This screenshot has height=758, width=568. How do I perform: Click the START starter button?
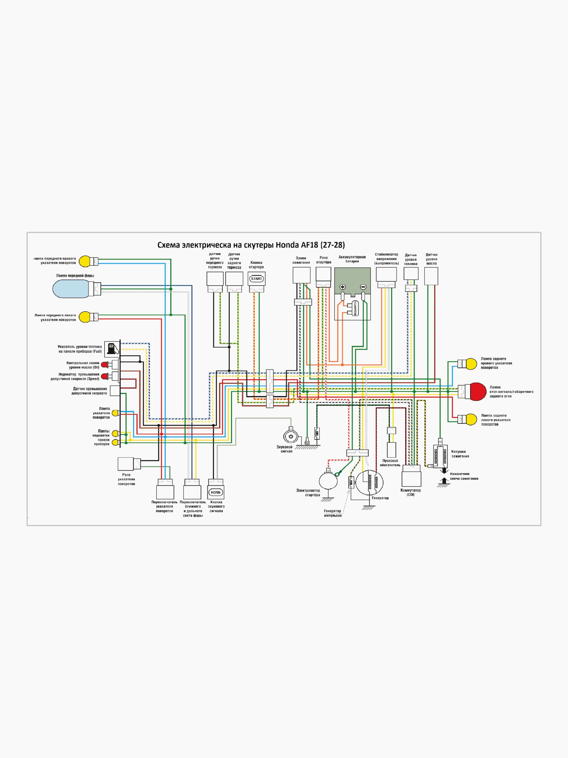(x=256, y=279)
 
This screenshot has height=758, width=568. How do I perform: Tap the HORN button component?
(x=216, y=492)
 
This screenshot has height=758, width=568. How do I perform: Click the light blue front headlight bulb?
(x=72, y=289)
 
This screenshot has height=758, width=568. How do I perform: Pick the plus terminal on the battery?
(x=342, y=287)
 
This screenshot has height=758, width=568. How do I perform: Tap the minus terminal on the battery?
(x=363, y=287)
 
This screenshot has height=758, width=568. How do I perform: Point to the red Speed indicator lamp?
(x=105, y=376)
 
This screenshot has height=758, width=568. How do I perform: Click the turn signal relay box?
(x=126, y=464)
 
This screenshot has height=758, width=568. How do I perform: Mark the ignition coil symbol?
(x=440, y=455)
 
